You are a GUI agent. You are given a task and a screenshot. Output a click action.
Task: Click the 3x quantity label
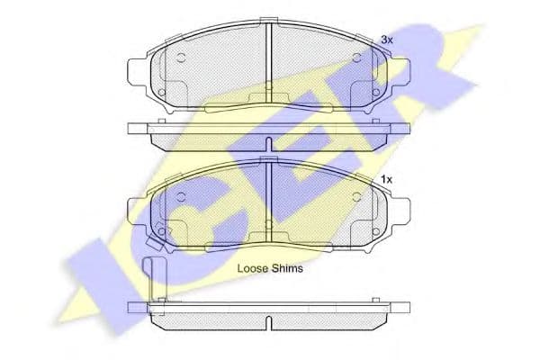tap(387, 40)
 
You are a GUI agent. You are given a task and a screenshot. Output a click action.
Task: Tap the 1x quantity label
tap(387, 179)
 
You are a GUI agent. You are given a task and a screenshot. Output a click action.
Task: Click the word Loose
tap(253, 268)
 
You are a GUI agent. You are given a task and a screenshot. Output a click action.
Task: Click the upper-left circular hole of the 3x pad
tap(181, 58)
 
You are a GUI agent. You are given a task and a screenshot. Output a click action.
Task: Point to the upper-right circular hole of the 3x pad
tap(357, 58)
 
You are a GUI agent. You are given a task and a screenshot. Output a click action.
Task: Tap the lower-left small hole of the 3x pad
tap(161, 93)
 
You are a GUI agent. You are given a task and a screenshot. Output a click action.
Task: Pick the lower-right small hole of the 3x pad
tap(376, 93)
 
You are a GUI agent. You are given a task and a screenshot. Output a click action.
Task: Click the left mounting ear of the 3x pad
tap(137, 71)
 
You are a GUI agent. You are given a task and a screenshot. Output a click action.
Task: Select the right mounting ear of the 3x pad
tap(400, 71)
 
